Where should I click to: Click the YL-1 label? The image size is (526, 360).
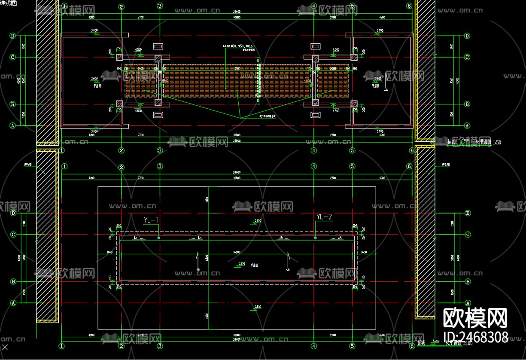tap(151, 220)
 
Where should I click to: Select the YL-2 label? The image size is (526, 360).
tap(324, 217)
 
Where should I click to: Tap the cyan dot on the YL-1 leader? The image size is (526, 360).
tap(158, 238)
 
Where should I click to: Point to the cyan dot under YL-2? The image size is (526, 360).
tap(315, 238)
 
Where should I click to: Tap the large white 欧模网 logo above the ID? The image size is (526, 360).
tap(475, 318)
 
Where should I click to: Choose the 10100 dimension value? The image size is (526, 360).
tap(237, 68)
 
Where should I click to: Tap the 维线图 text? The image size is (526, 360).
tap(9, 3)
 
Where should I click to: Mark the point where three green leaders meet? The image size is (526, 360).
tap(240, 117)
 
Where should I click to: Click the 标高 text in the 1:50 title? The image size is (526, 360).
tap(451, 142)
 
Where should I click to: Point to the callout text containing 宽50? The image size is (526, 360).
tap(238, 46)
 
